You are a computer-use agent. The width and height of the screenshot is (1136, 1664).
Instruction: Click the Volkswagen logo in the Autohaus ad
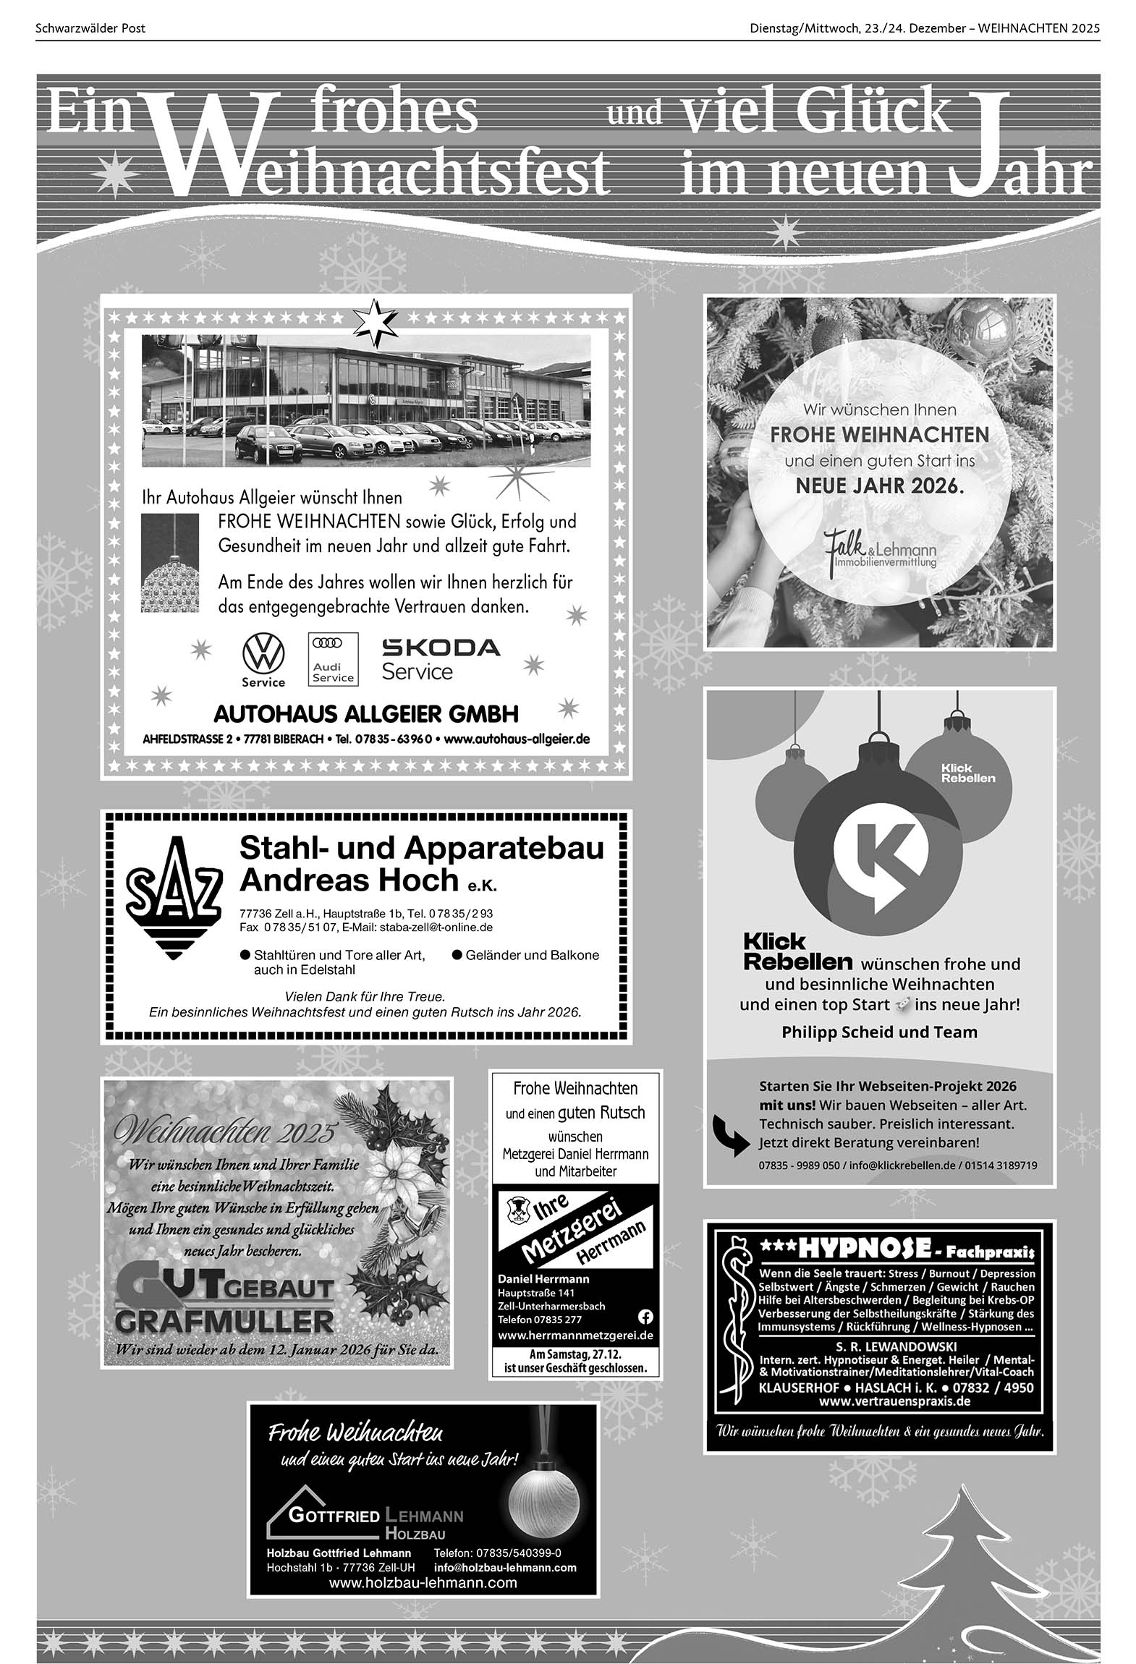coord(263,654)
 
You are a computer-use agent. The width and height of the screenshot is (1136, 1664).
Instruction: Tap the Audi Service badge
coord(333,658)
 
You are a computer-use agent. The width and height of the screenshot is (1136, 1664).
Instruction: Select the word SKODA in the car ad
coord(441,647)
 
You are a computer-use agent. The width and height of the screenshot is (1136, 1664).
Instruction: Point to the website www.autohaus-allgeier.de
coord(517,739)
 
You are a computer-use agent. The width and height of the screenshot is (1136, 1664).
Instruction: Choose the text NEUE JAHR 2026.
coord(880,485)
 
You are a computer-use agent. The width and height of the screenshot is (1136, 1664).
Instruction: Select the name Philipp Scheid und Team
coord(879,1032)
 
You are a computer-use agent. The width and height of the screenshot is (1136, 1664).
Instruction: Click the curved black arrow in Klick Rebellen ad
coord(731,1134)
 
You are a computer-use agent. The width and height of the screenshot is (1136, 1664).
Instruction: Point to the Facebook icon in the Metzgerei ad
coord(645,1315)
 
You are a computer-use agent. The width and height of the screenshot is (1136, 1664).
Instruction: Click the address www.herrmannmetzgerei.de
coord(575,1335)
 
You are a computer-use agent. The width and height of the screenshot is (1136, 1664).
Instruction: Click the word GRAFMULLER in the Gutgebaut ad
coord(224,1322)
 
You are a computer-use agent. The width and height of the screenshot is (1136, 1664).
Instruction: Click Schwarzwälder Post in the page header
coord(90,28)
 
